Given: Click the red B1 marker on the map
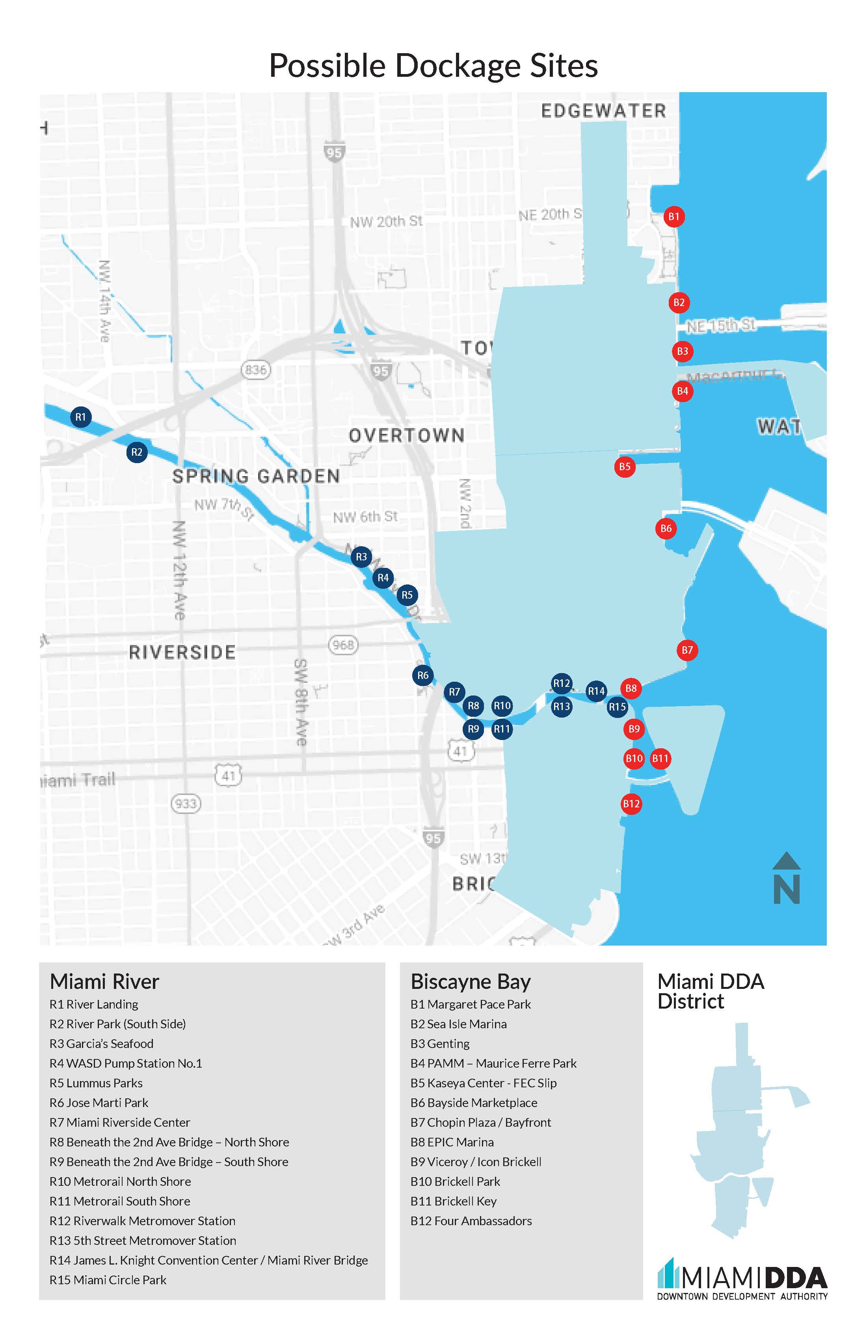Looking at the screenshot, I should (x=674, y=217).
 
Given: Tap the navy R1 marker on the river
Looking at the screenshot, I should (x=80, y=417).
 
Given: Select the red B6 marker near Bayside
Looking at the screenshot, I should (x=666, y=528).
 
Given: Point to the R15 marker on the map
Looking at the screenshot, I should (x=617, y=707).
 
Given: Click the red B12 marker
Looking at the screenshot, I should (x=631, y=803).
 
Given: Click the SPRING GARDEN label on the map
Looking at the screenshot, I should (x=256, y=476).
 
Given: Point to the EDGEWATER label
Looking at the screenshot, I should (x=603, y=111).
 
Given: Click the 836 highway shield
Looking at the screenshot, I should (x=256, y=370).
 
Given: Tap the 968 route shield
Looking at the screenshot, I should (x=343, y=644).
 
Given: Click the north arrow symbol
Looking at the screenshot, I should (x=787, y=878).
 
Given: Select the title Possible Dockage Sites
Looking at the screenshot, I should (x=433, y=65).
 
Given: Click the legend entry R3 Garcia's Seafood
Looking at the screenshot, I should (x=101, y=1044).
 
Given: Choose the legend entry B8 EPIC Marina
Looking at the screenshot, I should (x=452, y=1142).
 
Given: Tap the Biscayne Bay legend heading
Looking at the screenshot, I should (x=471, y=982).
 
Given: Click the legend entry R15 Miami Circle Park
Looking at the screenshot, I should (x=108, y=1280).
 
